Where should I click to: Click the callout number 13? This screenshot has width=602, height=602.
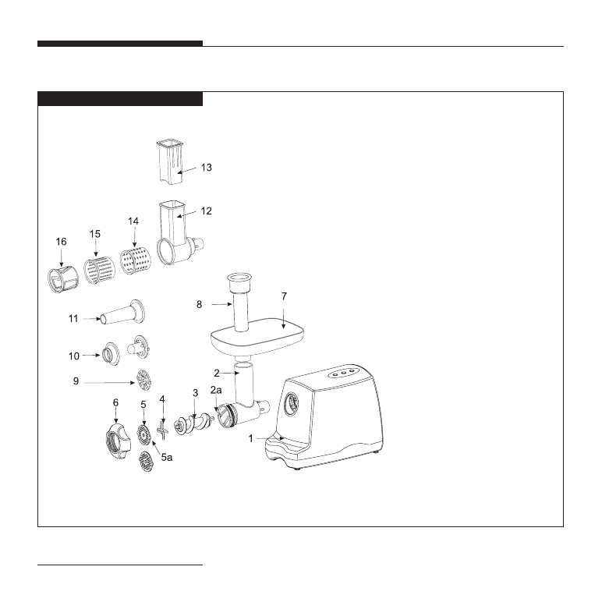click(206, 168)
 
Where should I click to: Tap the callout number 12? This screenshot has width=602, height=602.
click(206, 211)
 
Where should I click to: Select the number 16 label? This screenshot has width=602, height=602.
click(61, 242)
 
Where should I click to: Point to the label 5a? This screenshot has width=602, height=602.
click(167, 457)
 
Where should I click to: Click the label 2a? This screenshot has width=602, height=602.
click(216, 390)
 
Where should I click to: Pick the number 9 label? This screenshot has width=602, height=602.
click(76, 381)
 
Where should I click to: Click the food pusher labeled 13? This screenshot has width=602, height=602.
click(171, 162)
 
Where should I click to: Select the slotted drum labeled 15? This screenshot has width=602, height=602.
click(100, 271)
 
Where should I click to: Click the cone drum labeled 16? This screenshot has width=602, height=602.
click(63, 279)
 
